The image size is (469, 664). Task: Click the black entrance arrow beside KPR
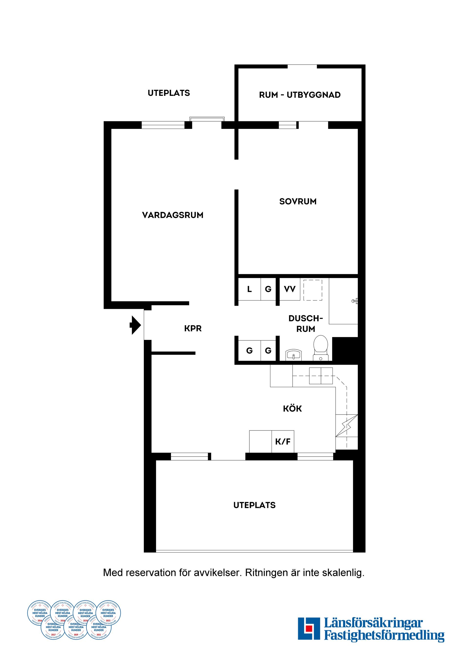[135, 325]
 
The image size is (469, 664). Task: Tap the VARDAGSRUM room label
[173, 215]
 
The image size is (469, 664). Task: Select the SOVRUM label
[298, 202]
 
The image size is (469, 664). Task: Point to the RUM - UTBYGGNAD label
[300, 95]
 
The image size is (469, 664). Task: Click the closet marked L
[249, 289]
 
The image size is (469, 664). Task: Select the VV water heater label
[290, 289]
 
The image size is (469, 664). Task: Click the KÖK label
[292, 409]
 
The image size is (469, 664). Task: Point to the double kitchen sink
[321, 376]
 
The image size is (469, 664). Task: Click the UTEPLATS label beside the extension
[169, 93]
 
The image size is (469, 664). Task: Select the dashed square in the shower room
[313, 290]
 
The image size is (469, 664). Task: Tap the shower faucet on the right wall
[355, 301]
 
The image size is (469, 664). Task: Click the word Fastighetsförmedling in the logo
[384, 635]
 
